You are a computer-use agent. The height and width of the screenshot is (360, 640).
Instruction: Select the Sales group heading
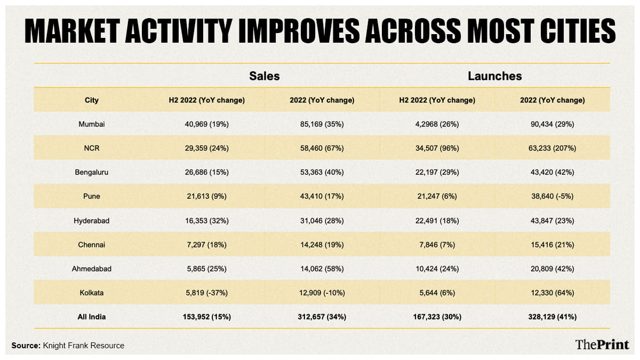[x=264, y=76]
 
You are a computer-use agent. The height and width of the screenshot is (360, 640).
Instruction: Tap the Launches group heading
[x=494, y=76]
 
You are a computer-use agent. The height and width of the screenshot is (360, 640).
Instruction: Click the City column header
[x=92, y=100]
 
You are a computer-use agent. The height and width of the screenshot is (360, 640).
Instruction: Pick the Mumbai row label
[x=92, y=124]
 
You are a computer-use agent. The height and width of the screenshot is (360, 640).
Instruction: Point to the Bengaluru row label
[x=92, y=172]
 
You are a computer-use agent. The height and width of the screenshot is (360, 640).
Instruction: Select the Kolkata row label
[x=92, y=293]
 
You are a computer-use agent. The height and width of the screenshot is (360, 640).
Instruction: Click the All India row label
[x=92, y=317]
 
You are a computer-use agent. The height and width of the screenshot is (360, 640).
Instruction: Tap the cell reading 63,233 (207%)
[x=552, y=148]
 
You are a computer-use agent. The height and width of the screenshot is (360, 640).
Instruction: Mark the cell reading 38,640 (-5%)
[x=552, y=196]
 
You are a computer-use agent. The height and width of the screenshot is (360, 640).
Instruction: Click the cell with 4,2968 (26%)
[x=437, y=124]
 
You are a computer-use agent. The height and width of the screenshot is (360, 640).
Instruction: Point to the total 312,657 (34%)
[x=322, y=317]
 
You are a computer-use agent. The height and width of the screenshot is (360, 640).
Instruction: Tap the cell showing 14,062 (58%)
[x=322, y=269]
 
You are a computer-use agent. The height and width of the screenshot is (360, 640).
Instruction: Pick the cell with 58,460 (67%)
[x=322, y=148]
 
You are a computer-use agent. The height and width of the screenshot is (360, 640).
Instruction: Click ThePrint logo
[x=602, y=345]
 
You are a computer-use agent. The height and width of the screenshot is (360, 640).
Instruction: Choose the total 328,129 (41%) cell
[x=552, y=317]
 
